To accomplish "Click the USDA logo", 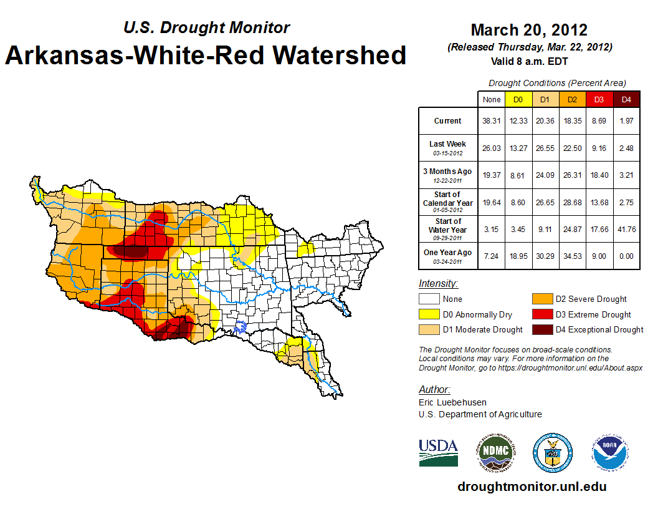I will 438,452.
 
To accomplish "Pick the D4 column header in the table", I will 626,99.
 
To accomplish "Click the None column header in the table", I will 492,99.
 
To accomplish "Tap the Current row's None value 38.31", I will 492,121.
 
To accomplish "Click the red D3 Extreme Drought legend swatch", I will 541,315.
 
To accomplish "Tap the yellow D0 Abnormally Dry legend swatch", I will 429,315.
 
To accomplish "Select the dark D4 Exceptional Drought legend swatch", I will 541,330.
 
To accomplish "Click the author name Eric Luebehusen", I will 452,402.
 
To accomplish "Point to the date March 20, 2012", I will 529,30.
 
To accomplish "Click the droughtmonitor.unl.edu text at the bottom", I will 532,487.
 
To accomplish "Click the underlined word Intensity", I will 438,284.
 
